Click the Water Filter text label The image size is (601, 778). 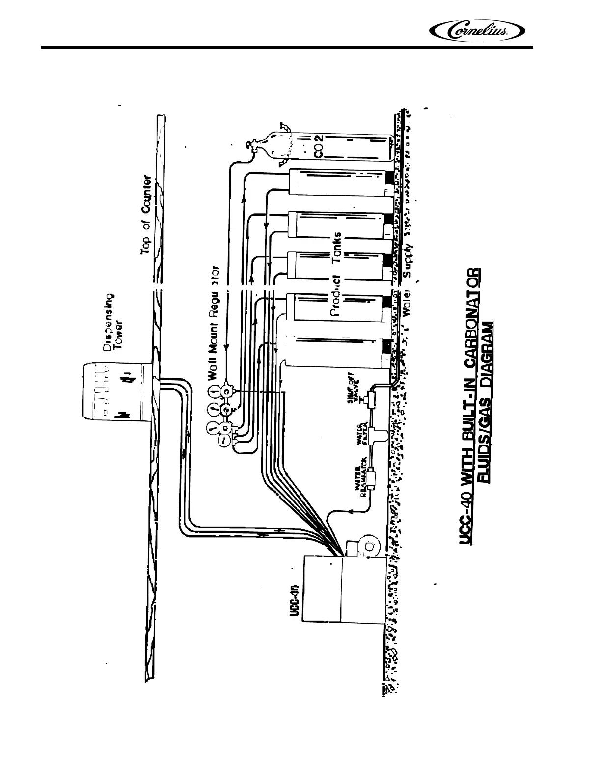[x=362, y=433]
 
